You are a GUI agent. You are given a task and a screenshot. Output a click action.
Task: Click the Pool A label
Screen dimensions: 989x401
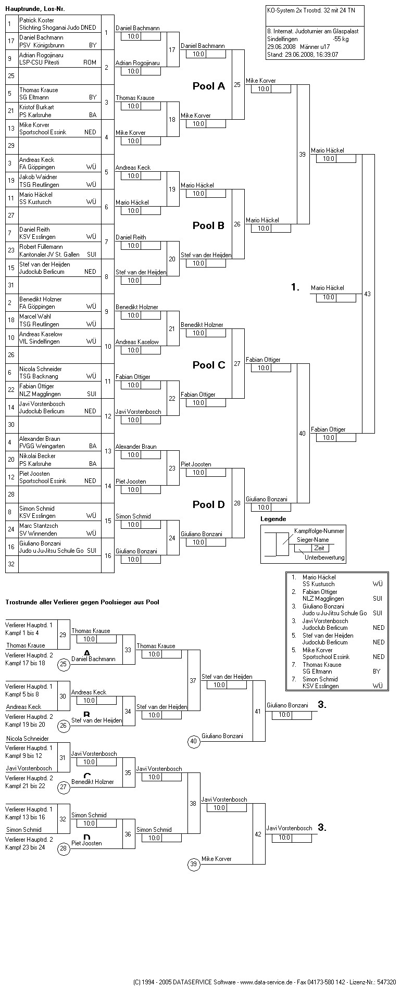208,86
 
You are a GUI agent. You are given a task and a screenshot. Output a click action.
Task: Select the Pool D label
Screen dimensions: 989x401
208,504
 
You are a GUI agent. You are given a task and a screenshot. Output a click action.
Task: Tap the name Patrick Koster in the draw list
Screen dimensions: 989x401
36,20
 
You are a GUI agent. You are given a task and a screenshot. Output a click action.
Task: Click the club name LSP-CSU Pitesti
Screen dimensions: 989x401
39,62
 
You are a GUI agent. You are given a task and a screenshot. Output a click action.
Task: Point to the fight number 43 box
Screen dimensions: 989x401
368,294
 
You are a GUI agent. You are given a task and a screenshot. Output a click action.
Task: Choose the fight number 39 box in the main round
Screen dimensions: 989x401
303,155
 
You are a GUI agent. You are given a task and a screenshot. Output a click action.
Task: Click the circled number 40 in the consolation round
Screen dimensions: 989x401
194,742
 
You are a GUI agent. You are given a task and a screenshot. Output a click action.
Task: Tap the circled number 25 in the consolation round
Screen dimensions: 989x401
64,664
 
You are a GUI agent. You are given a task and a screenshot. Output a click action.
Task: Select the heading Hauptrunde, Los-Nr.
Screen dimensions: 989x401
35,9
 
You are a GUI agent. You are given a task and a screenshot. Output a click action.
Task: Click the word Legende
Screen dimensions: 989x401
273,519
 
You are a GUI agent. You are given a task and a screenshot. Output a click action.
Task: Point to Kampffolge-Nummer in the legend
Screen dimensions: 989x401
319,530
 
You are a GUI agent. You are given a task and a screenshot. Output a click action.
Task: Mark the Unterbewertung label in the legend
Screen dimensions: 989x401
324,557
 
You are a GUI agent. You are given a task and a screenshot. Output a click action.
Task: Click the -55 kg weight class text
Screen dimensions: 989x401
341,39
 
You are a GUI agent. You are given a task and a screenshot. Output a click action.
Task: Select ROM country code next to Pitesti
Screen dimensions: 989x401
90,62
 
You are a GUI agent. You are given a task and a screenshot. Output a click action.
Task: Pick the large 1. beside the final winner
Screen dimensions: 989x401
295,287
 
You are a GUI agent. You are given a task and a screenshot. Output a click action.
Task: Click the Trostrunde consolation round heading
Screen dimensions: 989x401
82,602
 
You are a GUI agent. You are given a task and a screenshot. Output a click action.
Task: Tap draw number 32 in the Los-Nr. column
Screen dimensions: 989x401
11,564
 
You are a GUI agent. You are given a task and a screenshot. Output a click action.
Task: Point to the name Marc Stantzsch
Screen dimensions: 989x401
39,526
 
